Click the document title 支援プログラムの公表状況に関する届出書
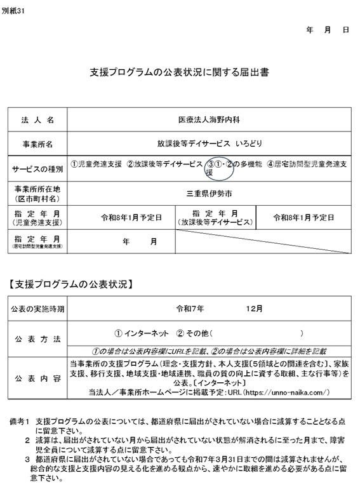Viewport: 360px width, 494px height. click(x=180, y=73)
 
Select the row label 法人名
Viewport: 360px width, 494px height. click(x=37, y=119)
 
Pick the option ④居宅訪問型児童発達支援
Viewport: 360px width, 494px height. click(x=307, y=164)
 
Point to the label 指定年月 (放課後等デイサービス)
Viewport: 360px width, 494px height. click(x=215, y=217)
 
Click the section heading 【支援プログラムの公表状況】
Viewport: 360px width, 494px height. click(x=72, y=283)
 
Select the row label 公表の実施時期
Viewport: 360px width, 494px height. click(x=37, y=309)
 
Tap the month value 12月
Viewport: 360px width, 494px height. click(x=255, y=309)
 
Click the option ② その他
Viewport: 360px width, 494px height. click(x=193, y=333)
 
